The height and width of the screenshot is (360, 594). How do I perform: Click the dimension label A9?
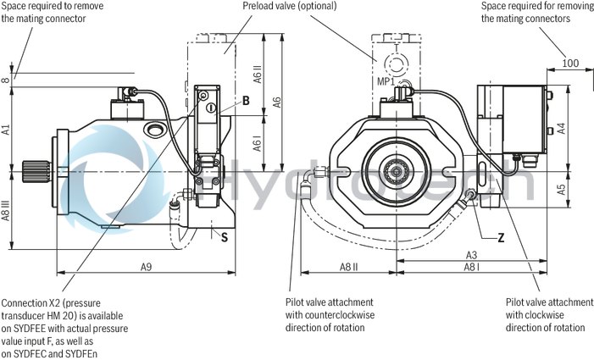[x=147, y=267]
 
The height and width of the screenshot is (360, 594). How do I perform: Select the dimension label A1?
[x=6, y=130]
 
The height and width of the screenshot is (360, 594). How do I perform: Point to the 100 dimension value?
[x=570, y=63]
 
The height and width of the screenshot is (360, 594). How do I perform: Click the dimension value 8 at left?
[x=6, y=81]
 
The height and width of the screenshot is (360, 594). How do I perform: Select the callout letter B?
[x=246, y=100]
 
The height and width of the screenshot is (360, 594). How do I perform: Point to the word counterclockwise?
[x=352, y=314]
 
